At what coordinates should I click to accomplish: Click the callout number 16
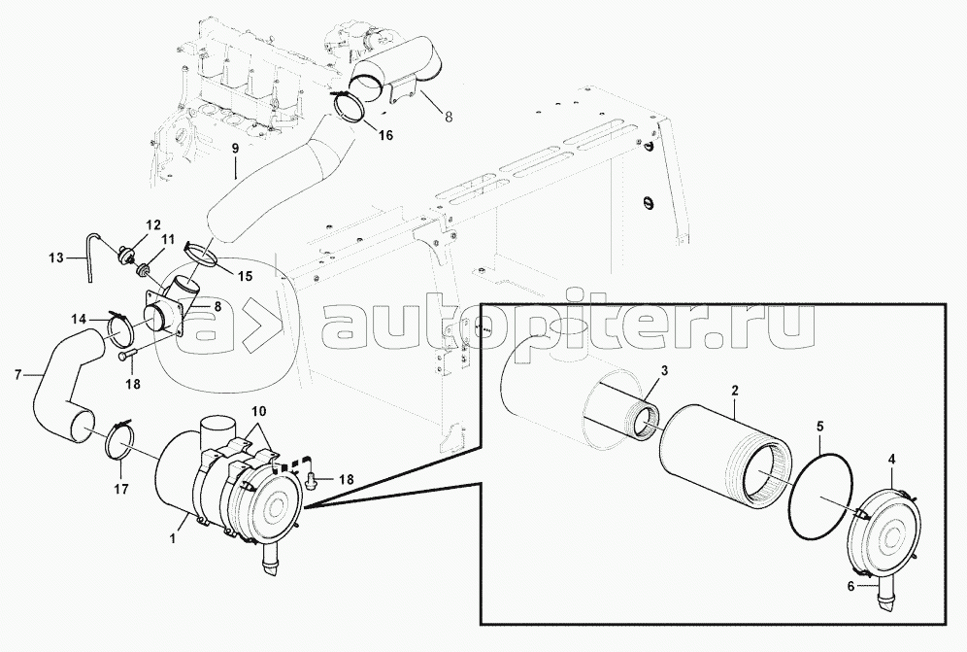coord(384,135)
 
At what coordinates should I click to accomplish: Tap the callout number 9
coord(235,148)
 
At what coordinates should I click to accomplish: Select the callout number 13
coord(56,257)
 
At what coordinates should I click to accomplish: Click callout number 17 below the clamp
coord(121,489)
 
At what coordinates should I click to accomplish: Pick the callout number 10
coord(259,411)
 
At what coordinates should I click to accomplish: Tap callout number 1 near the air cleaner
coord(174,539)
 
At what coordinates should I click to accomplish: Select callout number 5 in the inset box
coord(819,426)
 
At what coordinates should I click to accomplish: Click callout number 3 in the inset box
coord(664,370)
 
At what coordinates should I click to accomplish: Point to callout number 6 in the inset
coord(850,587)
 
